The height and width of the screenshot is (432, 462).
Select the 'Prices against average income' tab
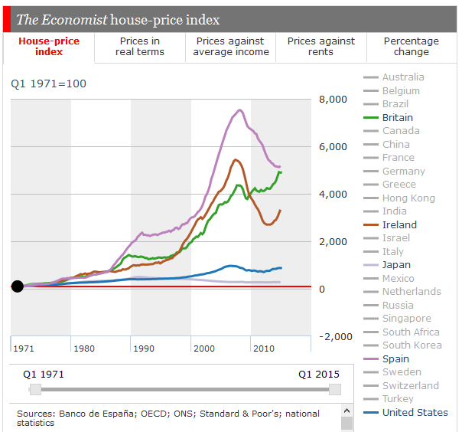(230, 47)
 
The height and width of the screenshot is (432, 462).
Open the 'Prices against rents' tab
(320, 47)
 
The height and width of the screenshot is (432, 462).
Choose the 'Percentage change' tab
(411, 47)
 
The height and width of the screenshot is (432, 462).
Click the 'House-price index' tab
(48, 47)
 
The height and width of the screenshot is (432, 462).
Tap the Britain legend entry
(397, 117)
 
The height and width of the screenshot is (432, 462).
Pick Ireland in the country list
(399, 224)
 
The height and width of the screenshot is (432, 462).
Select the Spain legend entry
(395, 358)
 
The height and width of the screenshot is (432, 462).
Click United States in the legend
(415, 412)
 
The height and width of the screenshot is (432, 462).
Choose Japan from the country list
(396, 265)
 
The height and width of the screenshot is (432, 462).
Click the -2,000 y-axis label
(336, 336)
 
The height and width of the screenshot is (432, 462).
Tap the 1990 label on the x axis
(143, 349)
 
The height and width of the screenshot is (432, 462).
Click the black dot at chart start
(18, 286)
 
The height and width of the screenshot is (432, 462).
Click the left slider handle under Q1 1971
(34, 389)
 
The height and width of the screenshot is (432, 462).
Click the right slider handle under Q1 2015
(334, 389)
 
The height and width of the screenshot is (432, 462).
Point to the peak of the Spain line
(240, 110)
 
